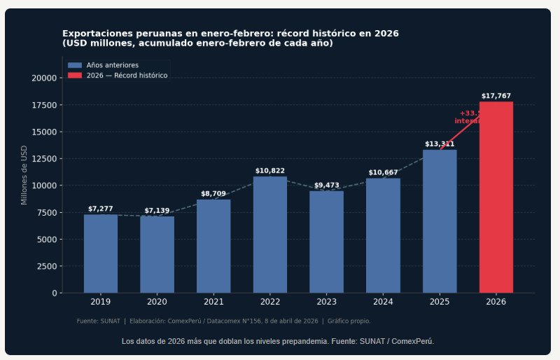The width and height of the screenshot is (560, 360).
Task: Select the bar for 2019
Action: tap(100, 254)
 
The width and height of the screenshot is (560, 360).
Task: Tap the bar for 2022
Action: tap(269, 235)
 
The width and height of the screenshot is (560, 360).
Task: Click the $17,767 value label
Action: tap(496, 96)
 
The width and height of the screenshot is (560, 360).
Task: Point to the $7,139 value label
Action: tap(157, 211)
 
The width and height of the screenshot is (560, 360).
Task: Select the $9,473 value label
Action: tap(326, 186)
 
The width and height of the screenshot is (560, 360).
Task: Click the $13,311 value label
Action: tap(440, 144)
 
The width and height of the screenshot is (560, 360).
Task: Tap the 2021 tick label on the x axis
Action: tap(213, 302)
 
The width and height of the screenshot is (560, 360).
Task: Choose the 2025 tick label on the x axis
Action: tap(440, 302)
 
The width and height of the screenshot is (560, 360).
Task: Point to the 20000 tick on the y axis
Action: tap(45, 78)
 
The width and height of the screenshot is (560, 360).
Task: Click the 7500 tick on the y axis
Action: tap(47, 212)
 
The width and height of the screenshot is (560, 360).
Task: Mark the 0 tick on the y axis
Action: tap(55, 293)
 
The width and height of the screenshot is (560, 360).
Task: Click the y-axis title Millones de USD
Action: tap(24, 175)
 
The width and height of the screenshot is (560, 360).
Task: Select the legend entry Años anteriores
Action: tap(112, 65)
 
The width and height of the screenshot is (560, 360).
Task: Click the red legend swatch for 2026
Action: tap(74, 75)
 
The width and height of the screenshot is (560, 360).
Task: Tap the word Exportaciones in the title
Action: tap(92, 34)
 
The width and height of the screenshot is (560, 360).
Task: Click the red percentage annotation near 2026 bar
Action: tap(468, 116)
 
